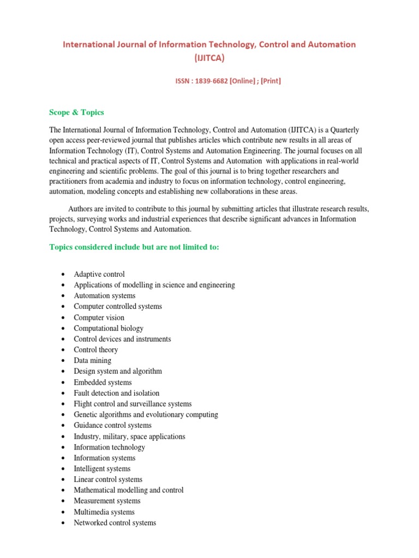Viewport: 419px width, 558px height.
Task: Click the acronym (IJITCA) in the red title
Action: (209, 57)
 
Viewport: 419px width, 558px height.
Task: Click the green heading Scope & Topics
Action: (76, 112)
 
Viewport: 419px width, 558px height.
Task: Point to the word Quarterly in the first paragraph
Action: (344, 130)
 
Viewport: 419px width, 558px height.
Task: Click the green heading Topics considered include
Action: (134, 247)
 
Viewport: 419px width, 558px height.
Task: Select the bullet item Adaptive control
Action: (99, 274)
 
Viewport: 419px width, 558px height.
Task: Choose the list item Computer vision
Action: (99, 317)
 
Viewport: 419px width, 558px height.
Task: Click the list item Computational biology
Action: (109, 328)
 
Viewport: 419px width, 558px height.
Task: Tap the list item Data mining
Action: (92, 360)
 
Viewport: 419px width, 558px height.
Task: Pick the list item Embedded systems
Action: (103, 382)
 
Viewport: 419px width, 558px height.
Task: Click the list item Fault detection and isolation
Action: (116, 393)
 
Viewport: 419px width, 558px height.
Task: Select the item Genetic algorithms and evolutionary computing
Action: (146, 414)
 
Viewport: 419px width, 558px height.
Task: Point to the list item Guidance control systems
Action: (112, 425)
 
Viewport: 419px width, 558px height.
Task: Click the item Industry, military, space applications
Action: (129, 436)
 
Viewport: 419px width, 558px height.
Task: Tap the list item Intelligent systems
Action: (102, 469)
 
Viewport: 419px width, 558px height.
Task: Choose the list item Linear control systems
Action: (108, 480)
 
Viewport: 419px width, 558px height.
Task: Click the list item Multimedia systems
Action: (104, 512)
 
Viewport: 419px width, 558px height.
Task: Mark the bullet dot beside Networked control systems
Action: (64, 523)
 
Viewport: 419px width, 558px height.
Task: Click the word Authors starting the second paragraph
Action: (80, 209)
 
